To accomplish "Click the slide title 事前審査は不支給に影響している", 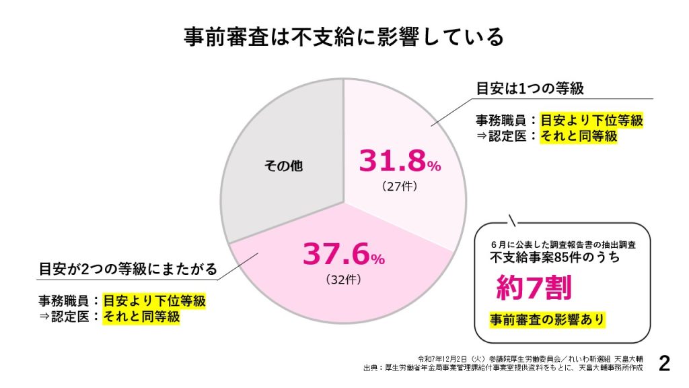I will coord(344,36).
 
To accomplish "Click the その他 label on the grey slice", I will coord(283,166).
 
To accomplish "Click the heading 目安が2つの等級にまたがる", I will coord(128,269).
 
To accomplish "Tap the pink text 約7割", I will coord(534,288).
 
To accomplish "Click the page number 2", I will coord(665,363).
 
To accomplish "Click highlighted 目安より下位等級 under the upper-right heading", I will coord(592,121).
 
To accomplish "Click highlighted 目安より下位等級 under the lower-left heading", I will coord(154,300).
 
